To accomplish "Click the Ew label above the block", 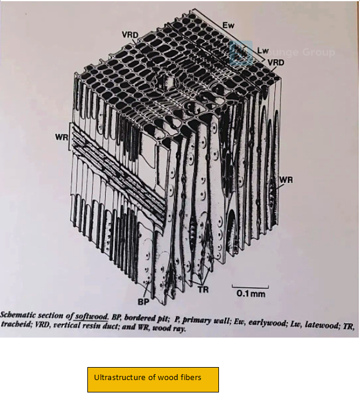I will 229,26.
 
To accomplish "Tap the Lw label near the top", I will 263,51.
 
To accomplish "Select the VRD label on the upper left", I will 130,35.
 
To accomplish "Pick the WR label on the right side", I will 286,179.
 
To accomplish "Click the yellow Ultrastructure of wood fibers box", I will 153,379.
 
